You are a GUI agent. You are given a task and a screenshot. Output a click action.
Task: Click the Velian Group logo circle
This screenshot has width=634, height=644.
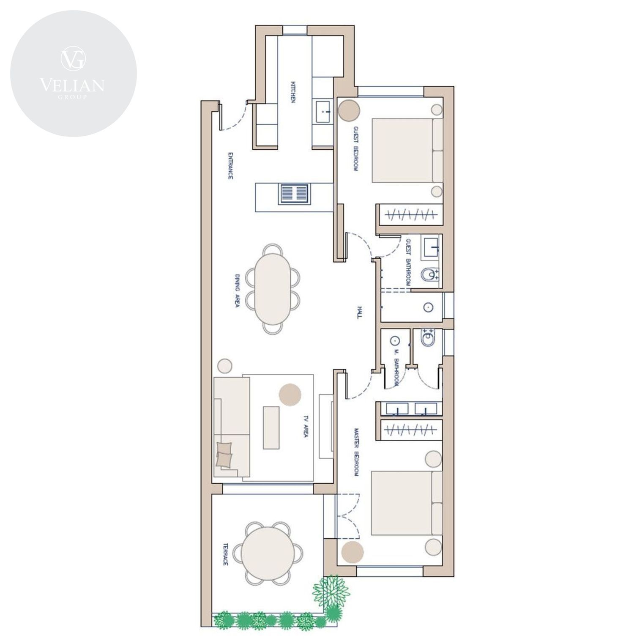73,74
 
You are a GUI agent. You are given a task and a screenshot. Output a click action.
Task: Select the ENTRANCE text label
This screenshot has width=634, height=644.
230,166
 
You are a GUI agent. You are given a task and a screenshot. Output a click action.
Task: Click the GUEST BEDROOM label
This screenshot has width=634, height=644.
355,148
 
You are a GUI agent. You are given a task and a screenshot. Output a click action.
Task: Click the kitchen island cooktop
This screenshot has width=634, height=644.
293,193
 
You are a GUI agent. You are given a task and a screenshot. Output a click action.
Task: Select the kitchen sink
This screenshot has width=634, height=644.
323,112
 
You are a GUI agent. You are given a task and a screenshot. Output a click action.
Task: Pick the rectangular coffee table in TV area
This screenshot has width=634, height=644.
271,428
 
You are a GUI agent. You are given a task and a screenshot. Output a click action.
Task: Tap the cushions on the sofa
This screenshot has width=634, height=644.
224,454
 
